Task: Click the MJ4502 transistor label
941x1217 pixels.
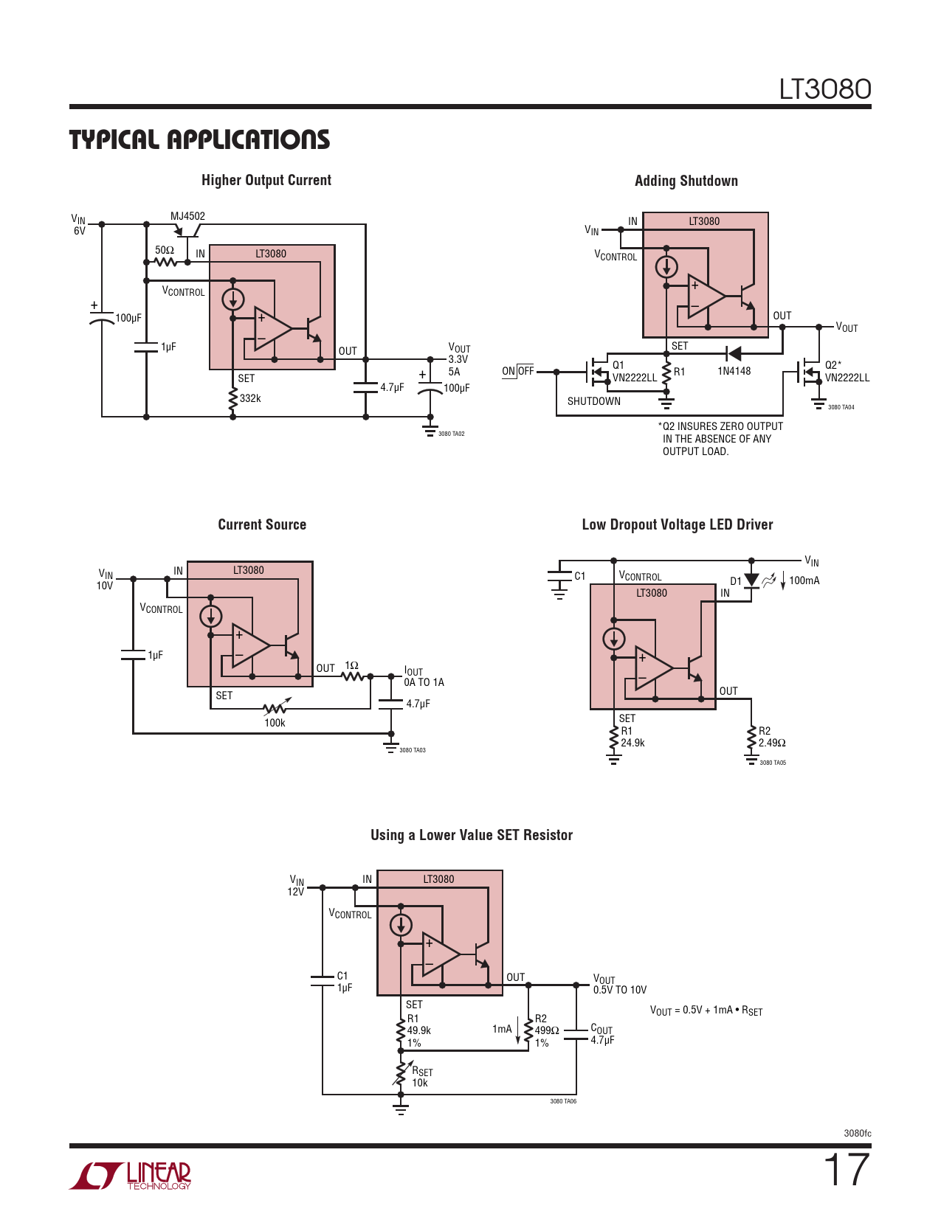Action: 187,216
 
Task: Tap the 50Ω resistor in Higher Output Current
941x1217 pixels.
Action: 165,262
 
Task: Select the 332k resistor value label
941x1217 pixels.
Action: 250,398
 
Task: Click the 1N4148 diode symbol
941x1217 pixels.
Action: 733,353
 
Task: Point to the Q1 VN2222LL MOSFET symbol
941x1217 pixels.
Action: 598,372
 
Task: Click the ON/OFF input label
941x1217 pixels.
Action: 518,371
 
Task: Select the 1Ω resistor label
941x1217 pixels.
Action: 351,665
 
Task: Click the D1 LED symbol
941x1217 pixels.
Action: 751,580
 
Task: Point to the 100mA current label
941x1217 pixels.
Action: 804,580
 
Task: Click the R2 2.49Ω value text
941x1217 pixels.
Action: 772,743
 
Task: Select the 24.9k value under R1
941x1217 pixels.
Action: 632,743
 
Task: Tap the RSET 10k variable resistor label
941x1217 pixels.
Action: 422,1077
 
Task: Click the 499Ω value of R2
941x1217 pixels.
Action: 546,1030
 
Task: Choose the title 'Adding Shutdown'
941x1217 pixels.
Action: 686,181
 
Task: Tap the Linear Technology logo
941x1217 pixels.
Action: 130,1175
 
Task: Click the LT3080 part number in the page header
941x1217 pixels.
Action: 825,89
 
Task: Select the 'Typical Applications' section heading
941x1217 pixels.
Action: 199,139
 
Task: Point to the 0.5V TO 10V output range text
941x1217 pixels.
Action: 620,990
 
